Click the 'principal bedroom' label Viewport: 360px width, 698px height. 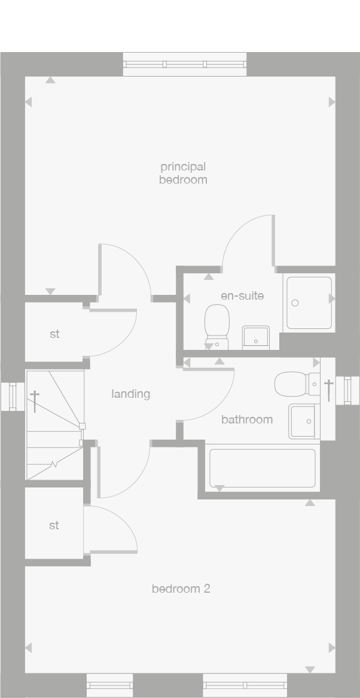(x=183, y=173)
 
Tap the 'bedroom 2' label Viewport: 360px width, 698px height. (x=181, y=589)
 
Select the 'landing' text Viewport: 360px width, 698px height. (x=130, y=394)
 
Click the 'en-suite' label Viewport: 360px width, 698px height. (x=242, y=295)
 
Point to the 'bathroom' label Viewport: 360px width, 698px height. (x=247, y=419)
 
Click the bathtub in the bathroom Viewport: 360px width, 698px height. (x=262, y=467)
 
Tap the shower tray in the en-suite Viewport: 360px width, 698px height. (x=309, y=302)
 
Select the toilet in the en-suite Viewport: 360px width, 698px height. (x=216, y=326)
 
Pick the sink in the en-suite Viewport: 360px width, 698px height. (x=255, y=337)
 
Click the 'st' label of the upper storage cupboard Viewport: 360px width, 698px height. (x=54, y=334)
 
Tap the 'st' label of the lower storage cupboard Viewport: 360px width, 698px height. (x=54, y=525)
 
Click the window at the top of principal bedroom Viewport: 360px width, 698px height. (x=184, y=64)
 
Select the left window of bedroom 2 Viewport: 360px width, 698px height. (x=109, y=685)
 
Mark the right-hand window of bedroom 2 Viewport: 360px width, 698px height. (x=245, y=685)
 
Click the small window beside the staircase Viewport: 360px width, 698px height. (x=13, y=397)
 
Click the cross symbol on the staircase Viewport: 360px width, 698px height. (x=35, y=401)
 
